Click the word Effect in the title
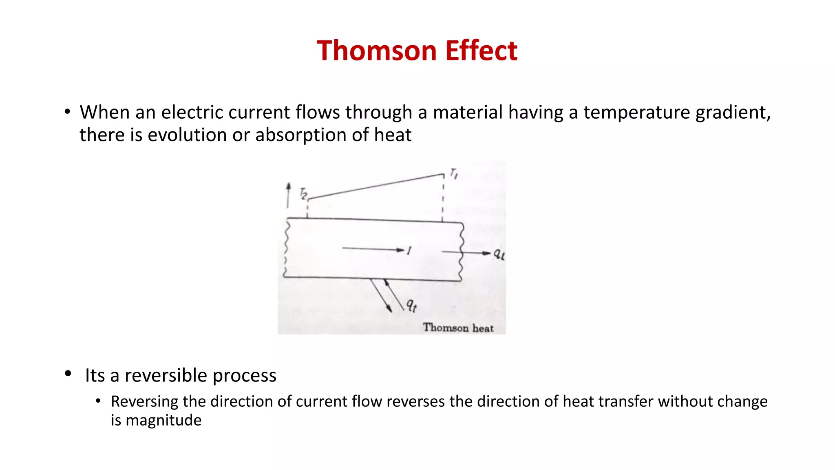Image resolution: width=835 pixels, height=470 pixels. click(x=481, y=51)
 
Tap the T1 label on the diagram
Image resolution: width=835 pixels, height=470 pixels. click(x=454, y=174)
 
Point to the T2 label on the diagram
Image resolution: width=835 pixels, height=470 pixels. click(x=303, y=193)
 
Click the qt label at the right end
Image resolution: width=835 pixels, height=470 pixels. click(x=499, y=254)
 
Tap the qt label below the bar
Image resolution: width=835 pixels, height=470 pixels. click(x=411, y=305)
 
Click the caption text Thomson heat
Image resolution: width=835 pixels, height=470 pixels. click(x=458, y=328)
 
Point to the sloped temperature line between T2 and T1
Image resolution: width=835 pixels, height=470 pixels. click(x=375, y=186)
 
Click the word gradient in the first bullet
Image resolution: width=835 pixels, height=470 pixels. click(x=733, y=113)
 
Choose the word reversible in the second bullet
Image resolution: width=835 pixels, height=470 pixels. click(x=166, y=375)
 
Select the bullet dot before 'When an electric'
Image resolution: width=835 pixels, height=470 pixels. click(x=67, y=111)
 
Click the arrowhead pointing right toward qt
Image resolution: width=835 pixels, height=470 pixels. click(x=486, y=253)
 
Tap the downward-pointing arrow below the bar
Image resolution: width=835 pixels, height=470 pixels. click(x=381, y=296)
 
